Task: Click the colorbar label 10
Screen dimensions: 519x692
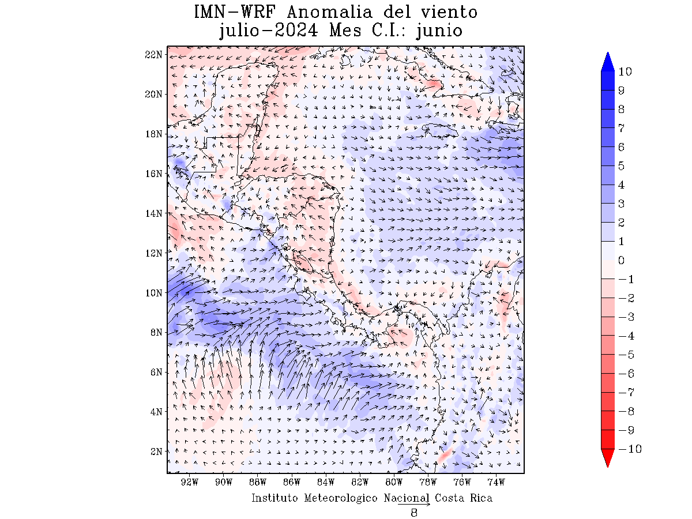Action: (625, 72)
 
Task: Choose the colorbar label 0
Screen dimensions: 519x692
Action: (621, 260)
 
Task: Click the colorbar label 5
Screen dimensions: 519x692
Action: (621, 166)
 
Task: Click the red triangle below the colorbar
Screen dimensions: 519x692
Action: (608, 458)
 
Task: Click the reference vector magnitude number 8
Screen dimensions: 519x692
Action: (414, 513)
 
